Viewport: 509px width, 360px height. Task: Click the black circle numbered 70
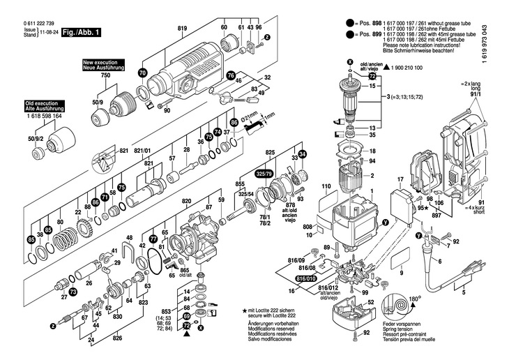[143, 72]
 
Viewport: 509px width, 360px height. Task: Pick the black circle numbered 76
[231, 75]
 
